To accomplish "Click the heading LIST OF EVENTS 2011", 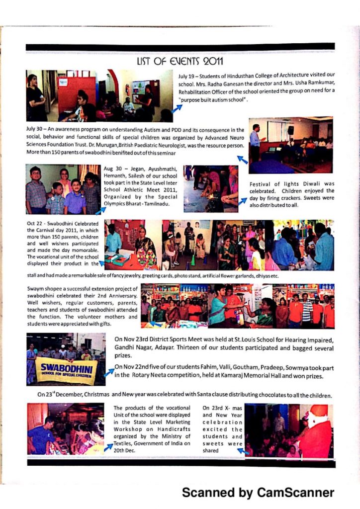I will (x=180, y=61).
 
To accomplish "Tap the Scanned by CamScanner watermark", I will (x=258, y=492).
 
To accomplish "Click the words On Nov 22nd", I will (x=132, y=367).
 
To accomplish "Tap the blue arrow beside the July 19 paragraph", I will (x=177, y=108).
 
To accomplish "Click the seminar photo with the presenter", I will (x=291, y=145).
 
